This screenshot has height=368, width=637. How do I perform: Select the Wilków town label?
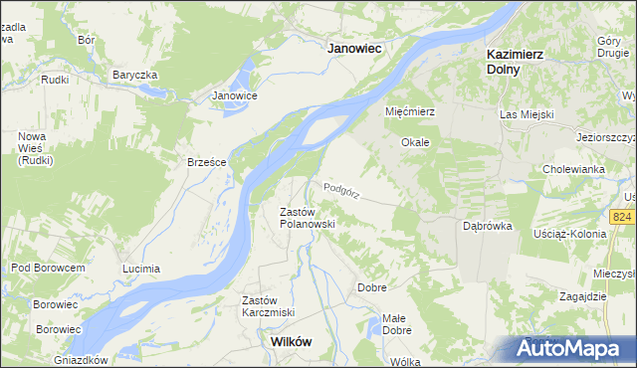pos(292,341)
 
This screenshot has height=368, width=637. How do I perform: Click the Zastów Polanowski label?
pos(306,218)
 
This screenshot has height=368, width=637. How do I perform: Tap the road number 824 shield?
pos(623,217)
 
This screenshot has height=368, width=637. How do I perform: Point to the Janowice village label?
pos(235,95)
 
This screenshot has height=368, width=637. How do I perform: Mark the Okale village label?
pos(415,142)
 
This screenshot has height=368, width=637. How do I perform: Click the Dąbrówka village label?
pos(488,226)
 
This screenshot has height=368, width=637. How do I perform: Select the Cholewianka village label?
pos(574,169)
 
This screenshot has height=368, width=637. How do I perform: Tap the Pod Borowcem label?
pos(48,268)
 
